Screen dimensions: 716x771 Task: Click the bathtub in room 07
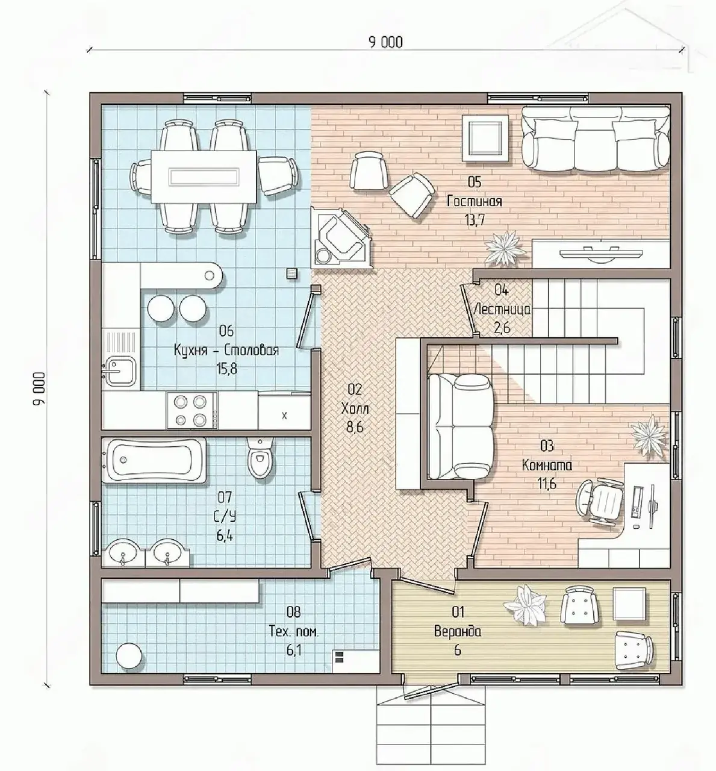154,460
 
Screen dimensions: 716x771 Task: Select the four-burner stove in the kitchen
191,410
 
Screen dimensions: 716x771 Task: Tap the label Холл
355,408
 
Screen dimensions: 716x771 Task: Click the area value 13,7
475,220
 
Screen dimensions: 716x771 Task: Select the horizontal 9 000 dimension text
385,42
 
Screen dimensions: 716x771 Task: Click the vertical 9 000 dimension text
39,389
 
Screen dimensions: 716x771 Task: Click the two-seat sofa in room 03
461,425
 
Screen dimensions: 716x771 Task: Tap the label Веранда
458,632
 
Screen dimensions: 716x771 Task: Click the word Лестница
502,310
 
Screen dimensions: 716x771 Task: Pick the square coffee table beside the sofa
485,138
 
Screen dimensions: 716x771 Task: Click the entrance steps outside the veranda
431,732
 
